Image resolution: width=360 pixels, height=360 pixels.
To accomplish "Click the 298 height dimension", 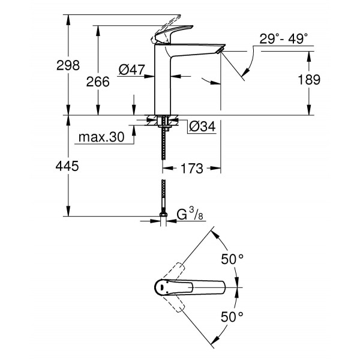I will point(68,65).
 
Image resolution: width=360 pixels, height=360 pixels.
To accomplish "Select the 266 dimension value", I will point(98,82).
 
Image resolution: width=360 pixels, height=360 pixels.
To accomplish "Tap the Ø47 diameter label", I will point(132,70).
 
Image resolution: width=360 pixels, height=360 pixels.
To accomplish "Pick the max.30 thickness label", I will point(101,137).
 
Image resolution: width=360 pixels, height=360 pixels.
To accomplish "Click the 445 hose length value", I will point(68,166).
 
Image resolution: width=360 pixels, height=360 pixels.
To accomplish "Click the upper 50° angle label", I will point(233,260).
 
